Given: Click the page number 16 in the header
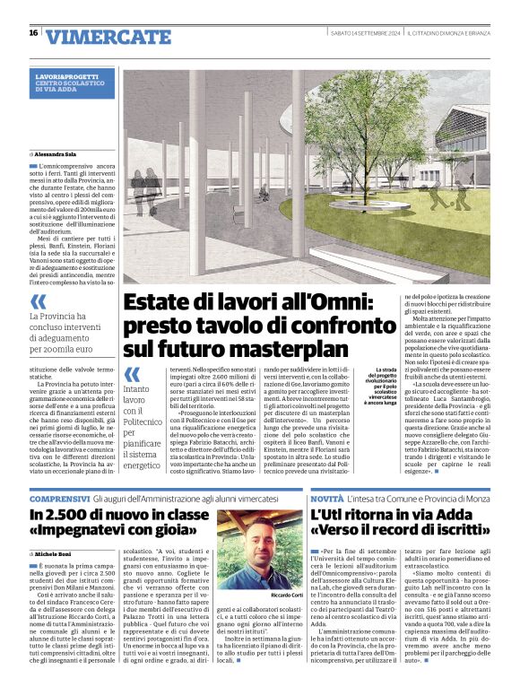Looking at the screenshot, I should coord(33,33).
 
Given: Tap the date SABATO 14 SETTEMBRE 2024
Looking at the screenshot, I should coord(365,33).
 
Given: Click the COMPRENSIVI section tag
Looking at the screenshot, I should coord(58,498).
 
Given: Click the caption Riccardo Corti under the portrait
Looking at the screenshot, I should coord(283,595).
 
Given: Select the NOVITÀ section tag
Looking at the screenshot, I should coord(329,498).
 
